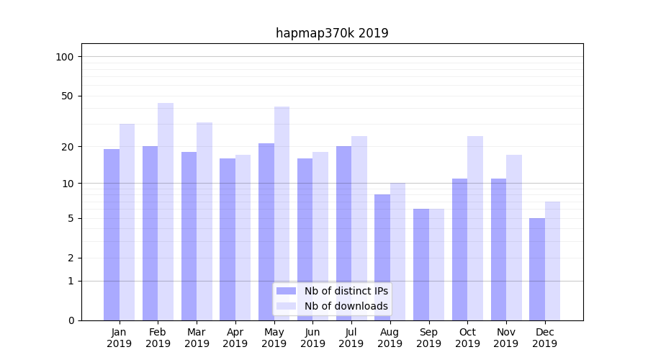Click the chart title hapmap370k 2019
click(x=332, y=33)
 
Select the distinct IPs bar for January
click(x=112, y=234)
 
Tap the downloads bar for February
click(x=166, y=212)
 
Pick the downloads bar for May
click(x=282, y=213)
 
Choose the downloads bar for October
click(x=475, y=228)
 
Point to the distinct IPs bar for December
click(x=537, y=269)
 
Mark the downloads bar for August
click(x=397, y=251)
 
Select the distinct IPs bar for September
click(x=421, y=264)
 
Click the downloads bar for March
click(x=204, y=221)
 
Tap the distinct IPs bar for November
click(x=498, y=249)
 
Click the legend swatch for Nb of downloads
click(x=286, y=306)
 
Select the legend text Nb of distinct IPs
click(x=346, y=291)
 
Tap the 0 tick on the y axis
click(x=71, y=320)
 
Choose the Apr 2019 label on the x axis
click(x=235, y=338)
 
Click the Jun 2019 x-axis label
click(x=312, y=338)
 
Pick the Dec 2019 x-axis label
click(x=544, y=338)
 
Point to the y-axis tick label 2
click(x=71, y=258)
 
